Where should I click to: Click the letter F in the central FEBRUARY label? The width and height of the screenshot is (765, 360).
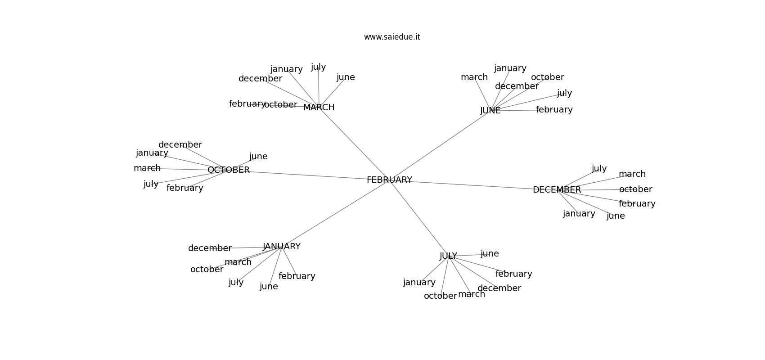click(x=369, y=180)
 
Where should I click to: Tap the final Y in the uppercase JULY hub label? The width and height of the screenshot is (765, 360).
click(x=454, y=256)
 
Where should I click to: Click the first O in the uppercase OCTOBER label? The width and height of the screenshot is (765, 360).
click(x=211, y=170)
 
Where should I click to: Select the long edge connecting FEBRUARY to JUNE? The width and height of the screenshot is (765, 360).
click(x=440, y=145)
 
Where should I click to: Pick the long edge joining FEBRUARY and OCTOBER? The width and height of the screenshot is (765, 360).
click(x=309, y=175)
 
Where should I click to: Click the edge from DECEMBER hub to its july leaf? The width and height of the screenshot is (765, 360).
click(x=578, y=179)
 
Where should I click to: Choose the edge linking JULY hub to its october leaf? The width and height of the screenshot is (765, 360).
click(x=444, y=276)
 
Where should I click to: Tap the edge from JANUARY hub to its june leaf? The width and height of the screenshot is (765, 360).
click(x=275, y=267)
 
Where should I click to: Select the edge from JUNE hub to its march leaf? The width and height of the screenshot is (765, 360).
click(x=482, y=94)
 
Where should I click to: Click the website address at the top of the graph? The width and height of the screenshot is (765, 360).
click(x=392, y=37)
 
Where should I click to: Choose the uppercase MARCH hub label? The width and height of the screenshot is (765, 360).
click(x=319, y=108)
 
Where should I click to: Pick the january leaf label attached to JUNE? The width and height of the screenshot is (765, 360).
click(x=510, y=68)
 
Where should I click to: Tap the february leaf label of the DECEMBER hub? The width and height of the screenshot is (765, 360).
click(x=637, y=204)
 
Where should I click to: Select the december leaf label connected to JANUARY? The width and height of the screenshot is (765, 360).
click(x=210, y=248)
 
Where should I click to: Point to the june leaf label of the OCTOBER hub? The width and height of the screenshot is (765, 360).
click(x=259, y=157)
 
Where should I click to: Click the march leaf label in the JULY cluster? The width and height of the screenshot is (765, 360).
click(x=471, y=294)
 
